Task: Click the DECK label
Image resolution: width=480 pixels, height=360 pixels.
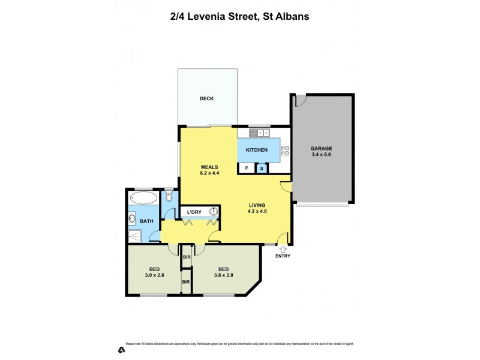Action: pos(206,99)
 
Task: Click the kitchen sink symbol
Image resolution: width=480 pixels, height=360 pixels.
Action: pos(263,133)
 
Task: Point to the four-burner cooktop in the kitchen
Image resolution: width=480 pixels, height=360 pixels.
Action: pos(286,151)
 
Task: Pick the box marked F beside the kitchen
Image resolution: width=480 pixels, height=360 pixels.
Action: pos(246,169)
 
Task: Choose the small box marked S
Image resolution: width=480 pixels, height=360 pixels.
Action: pos(262,169)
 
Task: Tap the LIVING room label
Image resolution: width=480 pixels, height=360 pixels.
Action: pos(259,205)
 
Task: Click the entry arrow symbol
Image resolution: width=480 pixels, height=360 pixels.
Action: pos(282,248)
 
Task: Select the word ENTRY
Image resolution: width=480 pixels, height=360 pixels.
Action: pos(282,256)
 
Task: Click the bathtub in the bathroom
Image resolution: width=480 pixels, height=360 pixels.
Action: pos(144,197)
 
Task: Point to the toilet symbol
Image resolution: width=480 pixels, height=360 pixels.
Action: pos(169,196)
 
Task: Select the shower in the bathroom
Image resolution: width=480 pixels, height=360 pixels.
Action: pos(137,237)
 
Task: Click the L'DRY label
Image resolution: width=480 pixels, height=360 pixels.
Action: pos(194,212)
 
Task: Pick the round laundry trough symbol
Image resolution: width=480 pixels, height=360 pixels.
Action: pos(213,212)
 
